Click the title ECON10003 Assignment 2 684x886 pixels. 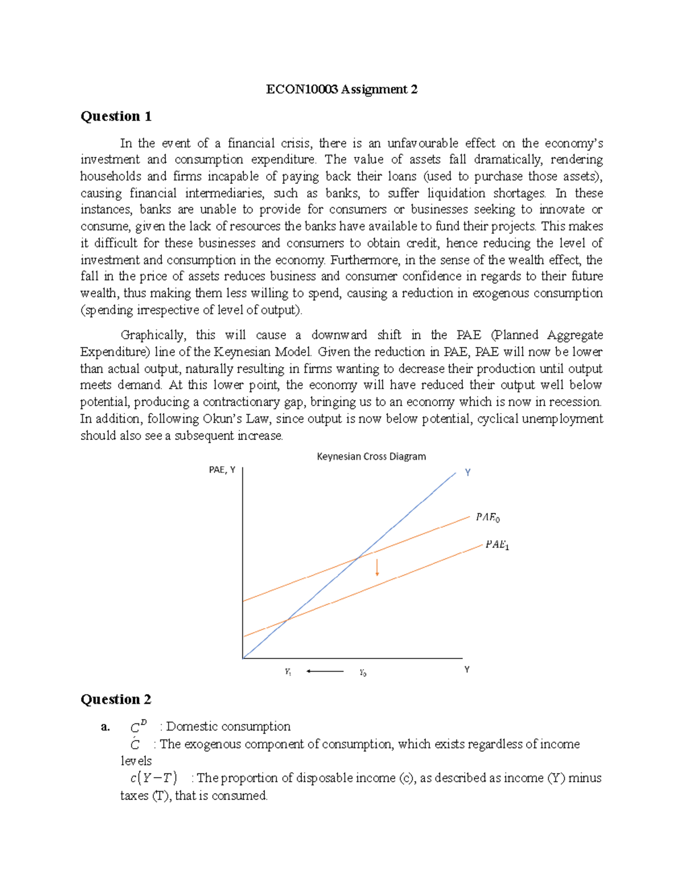tap(341, 89)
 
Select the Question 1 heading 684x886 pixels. tap(116, 116)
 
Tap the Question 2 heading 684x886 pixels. tap(116, 699)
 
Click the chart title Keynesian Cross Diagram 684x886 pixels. tap(371, 456)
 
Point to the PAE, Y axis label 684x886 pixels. tap(222, 470)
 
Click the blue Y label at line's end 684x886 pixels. tap(467, 472)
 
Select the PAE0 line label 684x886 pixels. tap(488, 517)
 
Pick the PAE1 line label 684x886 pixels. tap(497, 545)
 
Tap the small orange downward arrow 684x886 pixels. tap(377, 568)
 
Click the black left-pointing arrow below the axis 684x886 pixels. tap(324, 671)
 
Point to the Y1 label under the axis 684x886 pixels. tap(288, 673)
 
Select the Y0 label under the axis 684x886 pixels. tap(363, 673)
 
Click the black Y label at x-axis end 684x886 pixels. tap(467, 670)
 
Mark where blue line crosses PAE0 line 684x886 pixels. tap(357, 557)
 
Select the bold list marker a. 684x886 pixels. tap(104, 727)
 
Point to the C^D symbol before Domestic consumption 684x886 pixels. tap(138, 727)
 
